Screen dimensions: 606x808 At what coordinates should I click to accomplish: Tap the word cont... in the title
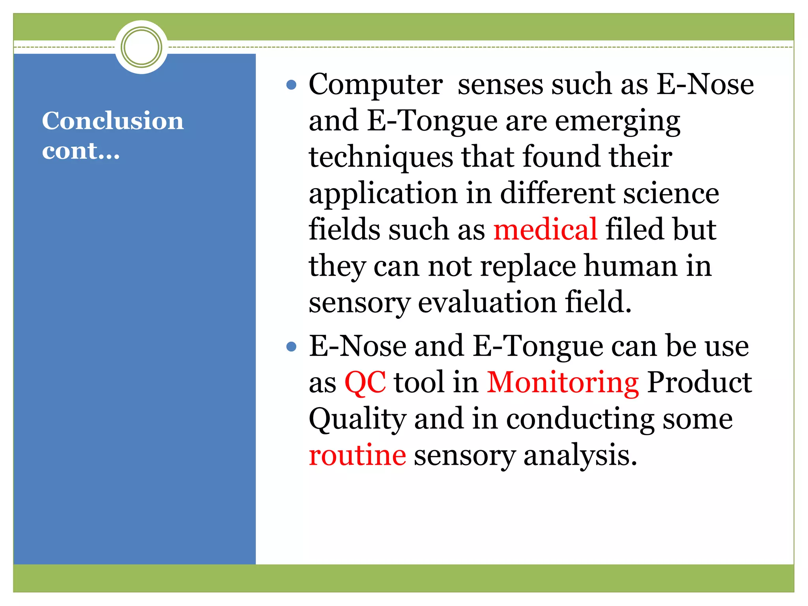coord(81,151)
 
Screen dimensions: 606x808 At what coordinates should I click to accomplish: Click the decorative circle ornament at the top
coord(141,47)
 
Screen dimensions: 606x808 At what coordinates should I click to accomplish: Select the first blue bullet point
coord(291,85)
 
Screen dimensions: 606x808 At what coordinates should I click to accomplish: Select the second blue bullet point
coord(291,347)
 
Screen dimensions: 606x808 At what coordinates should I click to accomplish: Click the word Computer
coord(375,85)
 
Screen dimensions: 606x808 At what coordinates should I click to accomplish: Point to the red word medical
coord(545,230)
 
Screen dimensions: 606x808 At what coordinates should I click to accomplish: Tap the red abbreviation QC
coord(365,382)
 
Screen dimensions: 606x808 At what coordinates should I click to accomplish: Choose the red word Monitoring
coord(563,382)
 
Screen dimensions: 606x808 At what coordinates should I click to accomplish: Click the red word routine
coord(357,455)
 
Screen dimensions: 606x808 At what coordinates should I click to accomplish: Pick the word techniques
coord(381,157)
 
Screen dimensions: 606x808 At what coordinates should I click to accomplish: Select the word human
coord(630,266)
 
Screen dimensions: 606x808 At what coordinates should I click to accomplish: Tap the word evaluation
coord(487,302)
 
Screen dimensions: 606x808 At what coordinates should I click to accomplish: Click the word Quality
coord(357,419)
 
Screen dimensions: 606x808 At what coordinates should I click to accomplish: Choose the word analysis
coord(580,455)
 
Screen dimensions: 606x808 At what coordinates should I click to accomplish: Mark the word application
coord(383,194)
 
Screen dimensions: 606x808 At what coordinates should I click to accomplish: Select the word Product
coord(699,382)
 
